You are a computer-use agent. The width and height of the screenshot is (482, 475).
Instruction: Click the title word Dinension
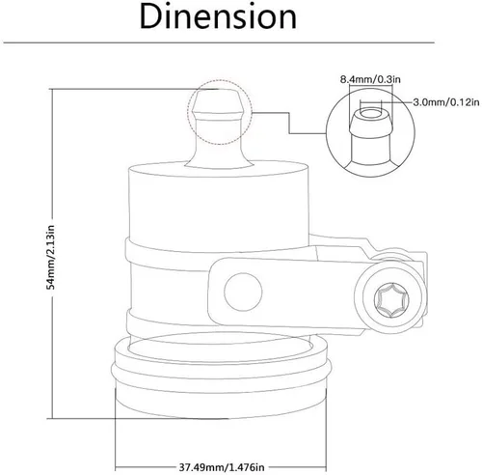218,17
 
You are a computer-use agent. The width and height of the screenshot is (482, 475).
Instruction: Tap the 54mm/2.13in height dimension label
51,257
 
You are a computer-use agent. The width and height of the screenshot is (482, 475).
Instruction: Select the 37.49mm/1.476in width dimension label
222,467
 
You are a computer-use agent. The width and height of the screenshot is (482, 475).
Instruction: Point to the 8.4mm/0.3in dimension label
370,79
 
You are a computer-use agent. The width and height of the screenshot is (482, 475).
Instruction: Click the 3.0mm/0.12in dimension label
446,102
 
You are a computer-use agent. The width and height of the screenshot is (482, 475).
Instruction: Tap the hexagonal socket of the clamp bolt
391,300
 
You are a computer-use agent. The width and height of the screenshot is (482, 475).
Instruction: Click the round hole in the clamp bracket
243,292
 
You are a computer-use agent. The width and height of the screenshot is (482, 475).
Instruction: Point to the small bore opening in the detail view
370,114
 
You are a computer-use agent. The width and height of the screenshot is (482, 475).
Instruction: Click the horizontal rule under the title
219,42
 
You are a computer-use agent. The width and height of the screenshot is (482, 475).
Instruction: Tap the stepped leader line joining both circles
289,123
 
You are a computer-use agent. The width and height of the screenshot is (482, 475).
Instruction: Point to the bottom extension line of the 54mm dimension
138,418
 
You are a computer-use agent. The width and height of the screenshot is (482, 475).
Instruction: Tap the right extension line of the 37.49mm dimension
326,430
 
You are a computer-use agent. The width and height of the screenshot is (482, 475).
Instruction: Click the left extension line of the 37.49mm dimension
115,430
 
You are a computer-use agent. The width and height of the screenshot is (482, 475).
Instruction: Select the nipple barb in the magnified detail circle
370,123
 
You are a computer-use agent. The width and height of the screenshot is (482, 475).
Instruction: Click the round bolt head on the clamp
390,299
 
